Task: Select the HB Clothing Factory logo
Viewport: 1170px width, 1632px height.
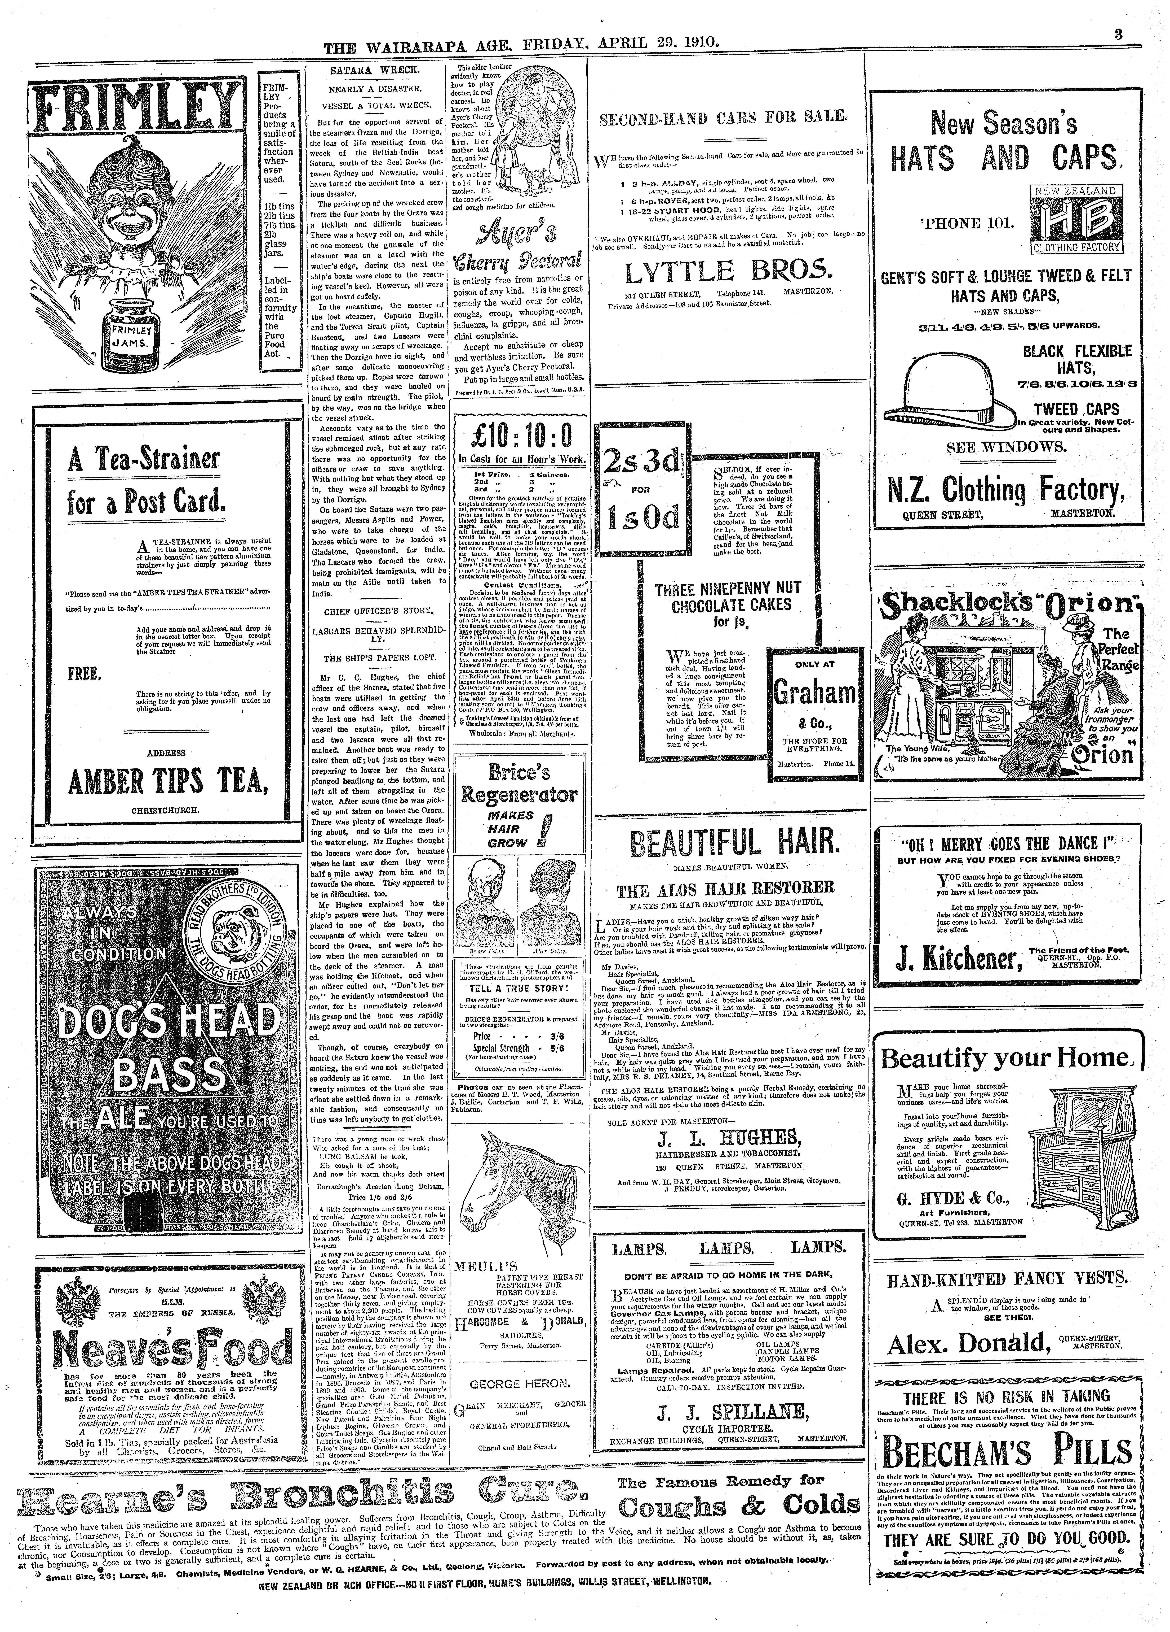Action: point(1074,219)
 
